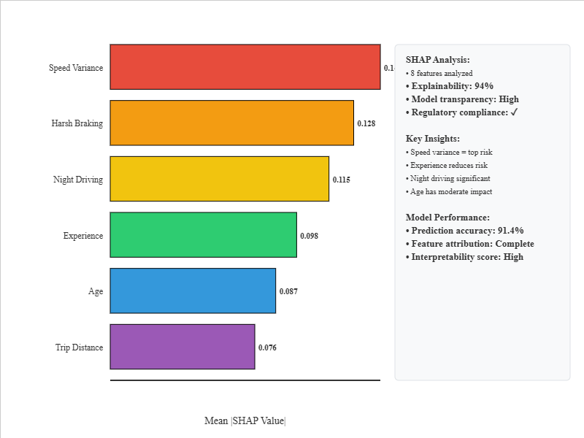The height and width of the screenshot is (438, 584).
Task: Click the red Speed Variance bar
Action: tap(245, 67)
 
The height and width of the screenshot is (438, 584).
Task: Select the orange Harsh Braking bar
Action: tap(231, 123)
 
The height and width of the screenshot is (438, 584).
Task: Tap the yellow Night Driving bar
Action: tap(219, 179)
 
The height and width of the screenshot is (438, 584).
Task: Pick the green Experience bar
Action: tap(203, 235)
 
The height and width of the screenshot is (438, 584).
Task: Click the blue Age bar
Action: tap(193, 291)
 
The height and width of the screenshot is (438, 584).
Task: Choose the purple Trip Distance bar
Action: tap(182, 347)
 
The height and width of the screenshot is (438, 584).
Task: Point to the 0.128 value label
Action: tap(366, 123)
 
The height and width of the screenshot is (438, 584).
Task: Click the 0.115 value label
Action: tap(342, 180)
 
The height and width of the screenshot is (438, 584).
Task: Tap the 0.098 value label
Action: tap(310, 236)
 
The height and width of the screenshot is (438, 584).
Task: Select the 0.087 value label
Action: tap(288, 291)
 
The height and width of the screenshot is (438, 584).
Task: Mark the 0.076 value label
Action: tap(267, 347)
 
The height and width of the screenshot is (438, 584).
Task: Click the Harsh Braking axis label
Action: tap(77, 123)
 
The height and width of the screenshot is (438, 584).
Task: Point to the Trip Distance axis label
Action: tap(79, 347)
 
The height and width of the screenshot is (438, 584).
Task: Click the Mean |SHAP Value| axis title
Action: tap(245, 420)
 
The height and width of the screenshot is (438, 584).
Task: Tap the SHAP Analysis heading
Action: tap(438, 60)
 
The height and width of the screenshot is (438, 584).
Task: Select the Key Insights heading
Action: tap(433, 139)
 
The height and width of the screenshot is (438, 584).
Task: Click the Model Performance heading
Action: tap(447, 218)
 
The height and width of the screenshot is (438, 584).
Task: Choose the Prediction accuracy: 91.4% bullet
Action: tap(464, 231)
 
